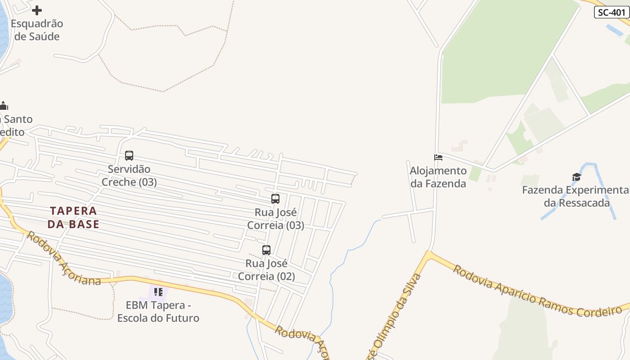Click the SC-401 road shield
612,12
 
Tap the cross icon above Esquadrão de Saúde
37,10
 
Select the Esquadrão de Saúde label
37,30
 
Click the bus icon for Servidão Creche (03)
129,156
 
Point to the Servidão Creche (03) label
129,176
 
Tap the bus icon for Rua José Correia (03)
275,198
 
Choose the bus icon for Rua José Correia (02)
266,250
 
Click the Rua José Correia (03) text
275,219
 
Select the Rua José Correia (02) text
266,270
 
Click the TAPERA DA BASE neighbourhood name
73,217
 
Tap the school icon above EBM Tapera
158,292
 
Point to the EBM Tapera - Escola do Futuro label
158,312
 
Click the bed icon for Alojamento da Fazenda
438,157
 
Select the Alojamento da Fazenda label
438,177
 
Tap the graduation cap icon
577,177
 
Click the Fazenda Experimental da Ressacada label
576,197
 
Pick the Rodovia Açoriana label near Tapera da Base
63,258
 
